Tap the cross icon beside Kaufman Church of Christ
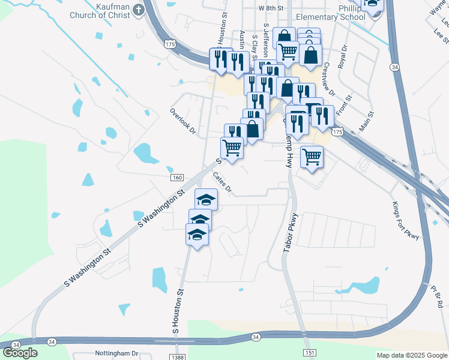coord(138,9)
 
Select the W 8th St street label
coord(271,8)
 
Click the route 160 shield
coord(176,178)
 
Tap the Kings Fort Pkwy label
coord(406,219)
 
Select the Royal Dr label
coord(343,56)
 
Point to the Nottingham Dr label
coord(116,354)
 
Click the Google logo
coord(20,352)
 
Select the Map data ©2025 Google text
coord(411,355)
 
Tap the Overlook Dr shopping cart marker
coord(232,146)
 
